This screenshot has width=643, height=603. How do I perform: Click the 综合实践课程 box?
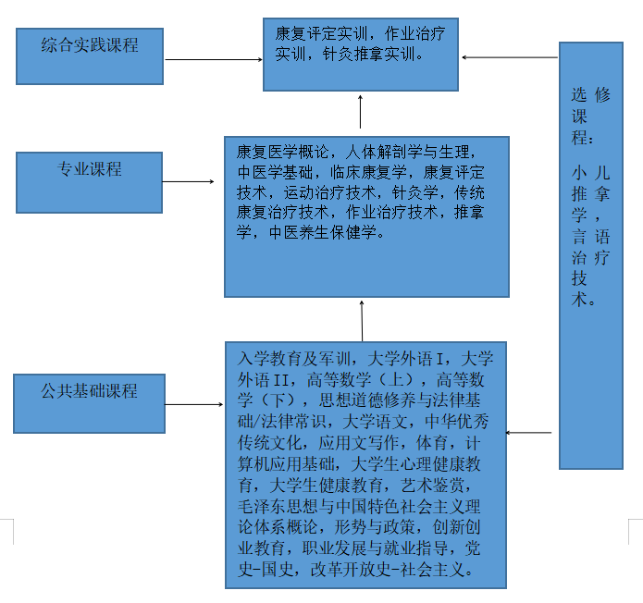coord(90,55)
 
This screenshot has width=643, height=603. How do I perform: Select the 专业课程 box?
coord(90,181)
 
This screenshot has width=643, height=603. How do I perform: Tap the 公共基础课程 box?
coord(89,403)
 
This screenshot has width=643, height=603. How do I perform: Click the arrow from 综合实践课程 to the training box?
coord(213,60)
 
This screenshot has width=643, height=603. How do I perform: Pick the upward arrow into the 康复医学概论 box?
coord(362,320)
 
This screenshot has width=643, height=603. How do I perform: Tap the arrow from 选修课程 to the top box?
coord(509,57)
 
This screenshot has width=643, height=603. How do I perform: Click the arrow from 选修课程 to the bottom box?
coord(529,432)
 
